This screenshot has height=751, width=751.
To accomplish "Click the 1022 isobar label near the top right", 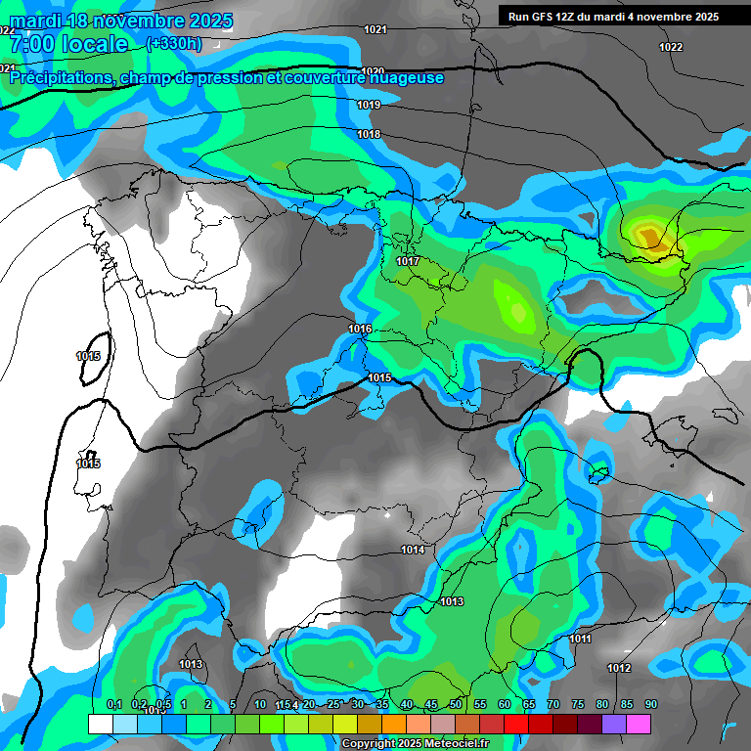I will tap(671, 47).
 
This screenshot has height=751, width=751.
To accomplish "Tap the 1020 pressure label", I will tap(372, 71).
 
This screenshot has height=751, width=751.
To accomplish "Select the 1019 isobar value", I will tap(369, 105).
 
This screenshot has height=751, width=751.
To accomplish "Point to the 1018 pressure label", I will tap(369, 134).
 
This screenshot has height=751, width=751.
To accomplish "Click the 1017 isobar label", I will tap(408, 261).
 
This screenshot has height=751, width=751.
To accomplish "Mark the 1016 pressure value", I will tap(360, 329).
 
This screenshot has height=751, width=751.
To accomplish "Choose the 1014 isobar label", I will tap(413, 550).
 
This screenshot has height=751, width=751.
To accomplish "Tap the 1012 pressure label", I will tap(618, 668).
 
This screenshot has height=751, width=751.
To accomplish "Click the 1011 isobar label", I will tap(580, 639).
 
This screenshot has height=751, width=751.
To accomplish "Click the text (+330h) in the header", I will tap(173, 43).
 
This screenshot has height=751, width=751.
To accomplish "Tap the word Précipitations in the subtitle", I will tap(59, 78).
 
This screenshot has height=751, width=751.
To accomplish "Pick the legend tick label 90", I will tap(650, 704).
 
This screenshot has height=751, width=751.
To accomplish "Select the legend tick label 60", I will tap(505, 704).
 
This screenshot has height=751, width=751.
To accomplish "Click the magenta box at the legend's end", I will tap(639, 724).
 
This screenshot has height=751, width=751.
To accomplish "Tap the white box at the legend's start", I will tap(100, 724).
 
